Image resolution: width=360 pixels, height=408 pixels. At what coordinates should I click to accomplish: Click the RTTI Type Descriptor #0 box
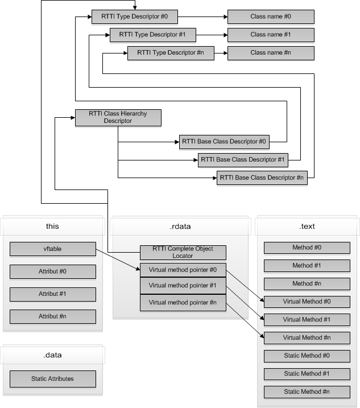[x=134, y=17]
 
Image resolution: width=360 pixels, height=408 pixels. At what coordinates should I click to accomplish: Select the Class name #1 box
[x=271, y=35]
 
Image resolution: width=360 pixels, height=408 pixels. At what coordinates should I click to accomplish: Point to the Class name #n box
[x=271, y=53]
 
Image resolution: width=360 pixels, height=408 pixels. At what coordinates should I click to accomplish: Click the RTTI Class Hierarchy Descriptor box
[x=118, y=117]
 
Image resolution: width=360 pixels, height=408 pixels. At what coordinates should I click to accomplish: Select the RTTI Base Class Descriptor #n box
[x=261, y=178]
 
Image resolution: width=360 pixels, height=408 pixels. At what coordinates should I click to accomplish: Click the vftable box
[x=53, y=249]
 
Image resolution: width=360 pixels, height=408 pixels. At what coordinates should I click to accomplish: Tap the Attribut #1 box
[x=53, y=294]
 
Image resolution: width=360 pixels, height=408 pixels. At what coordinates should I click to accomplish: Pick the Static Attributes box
[x=53, y=378]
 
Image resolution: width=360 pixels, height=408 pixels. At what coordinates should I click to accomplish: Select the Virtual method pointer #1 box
[x=183, y=286]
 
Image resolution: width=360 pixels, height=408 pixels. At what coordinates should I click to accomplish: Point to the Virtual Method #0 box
[x=307, y=302]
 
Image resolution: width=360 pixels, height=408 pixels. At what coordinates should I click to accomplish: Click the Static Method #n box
[x=307, y=392]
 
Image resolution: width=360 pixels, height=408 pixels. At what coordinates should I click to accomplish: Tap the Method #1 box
[x=307, y=266]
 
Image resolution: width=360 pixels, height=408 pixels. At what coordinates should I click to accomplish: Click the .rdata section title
[x=181, y=226]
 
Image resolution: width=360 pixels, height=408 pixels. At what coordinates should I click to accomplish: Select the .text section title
[x=307, y=226]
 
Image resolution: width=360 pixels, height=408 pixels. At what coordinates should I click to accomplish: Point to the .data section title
[x=53, y=355]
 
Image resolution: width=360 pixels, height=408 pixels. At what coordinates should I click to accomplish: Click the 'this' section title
[x=53, y=226]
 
